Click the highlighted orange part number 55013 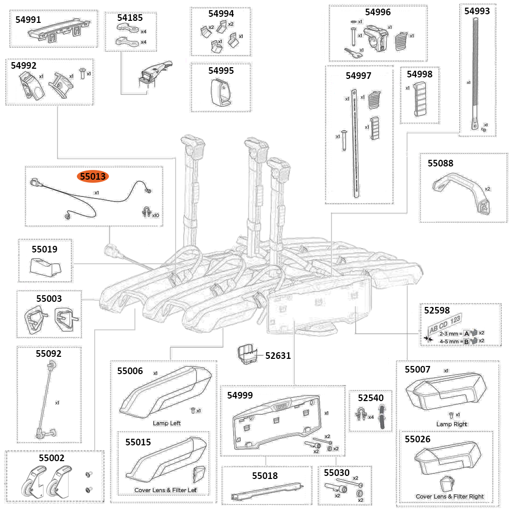92,177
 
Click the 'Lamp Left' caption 166,423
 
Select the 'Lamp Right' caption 451,424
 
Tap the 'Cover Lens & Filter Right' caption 449,496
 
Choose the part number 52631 278,355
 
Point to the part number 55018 265,475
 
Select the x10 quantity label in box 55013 155,215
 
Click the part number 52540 371,397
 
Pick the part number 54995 221,70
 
